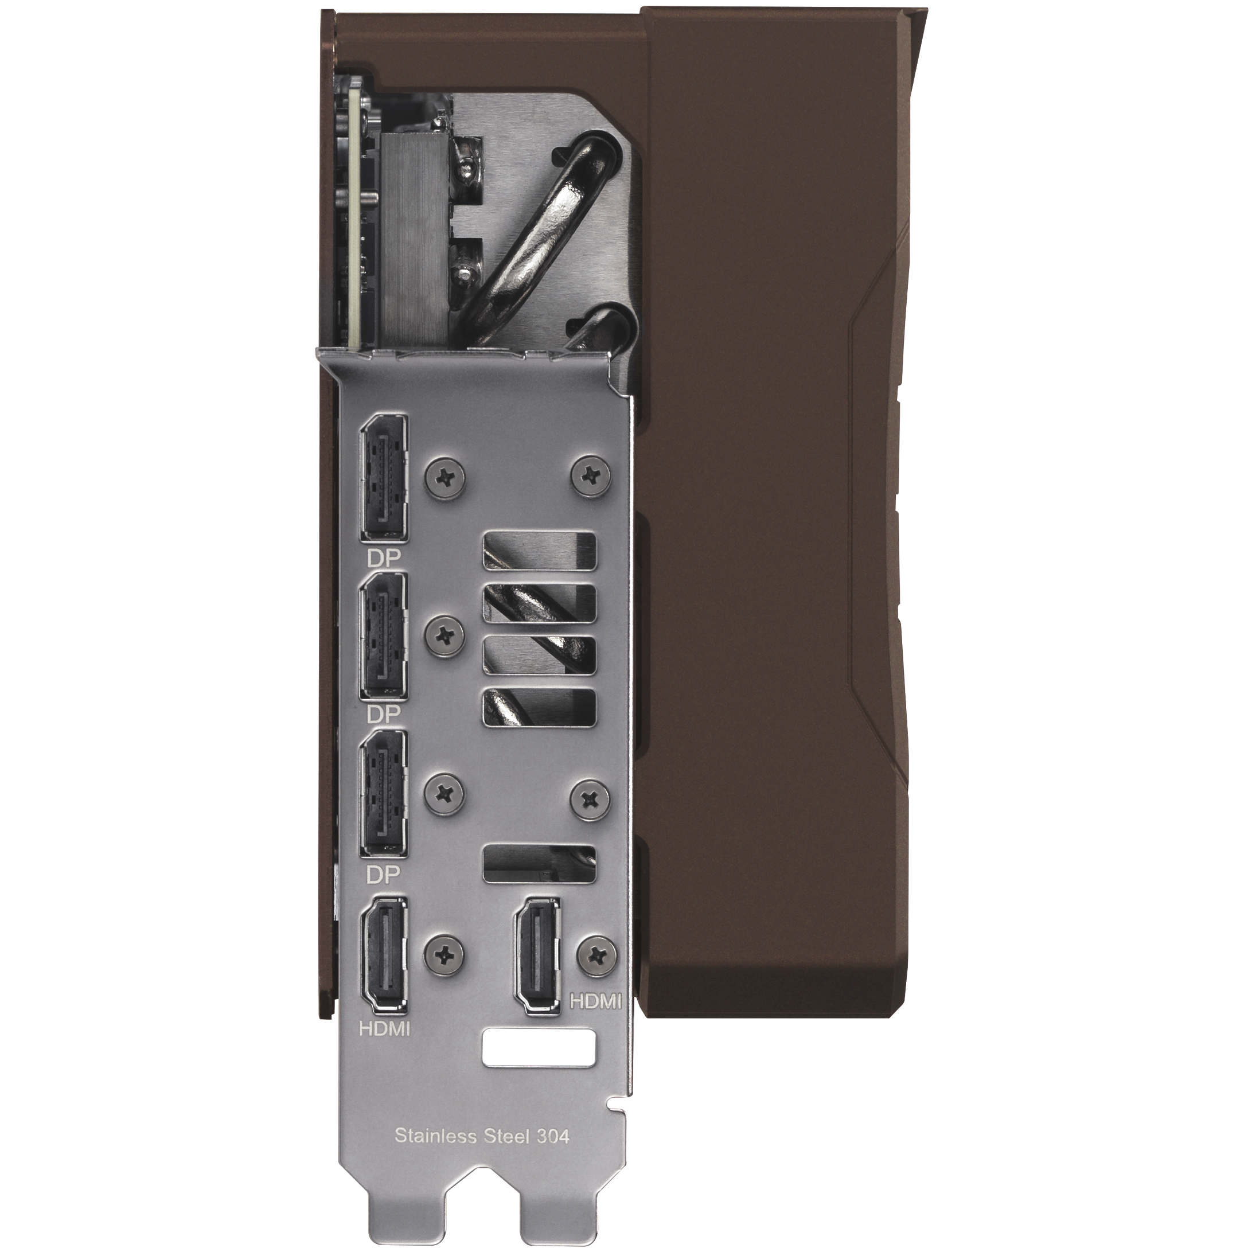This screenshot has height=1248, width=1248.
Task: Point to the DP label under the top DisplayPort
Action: [x=384, y=556]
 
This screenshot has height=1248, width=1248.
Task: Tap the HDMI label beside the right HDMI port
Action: [x=594, y=1002]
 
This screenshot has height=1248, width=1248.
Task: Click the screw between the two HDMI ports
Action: [x=446, y=953]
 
